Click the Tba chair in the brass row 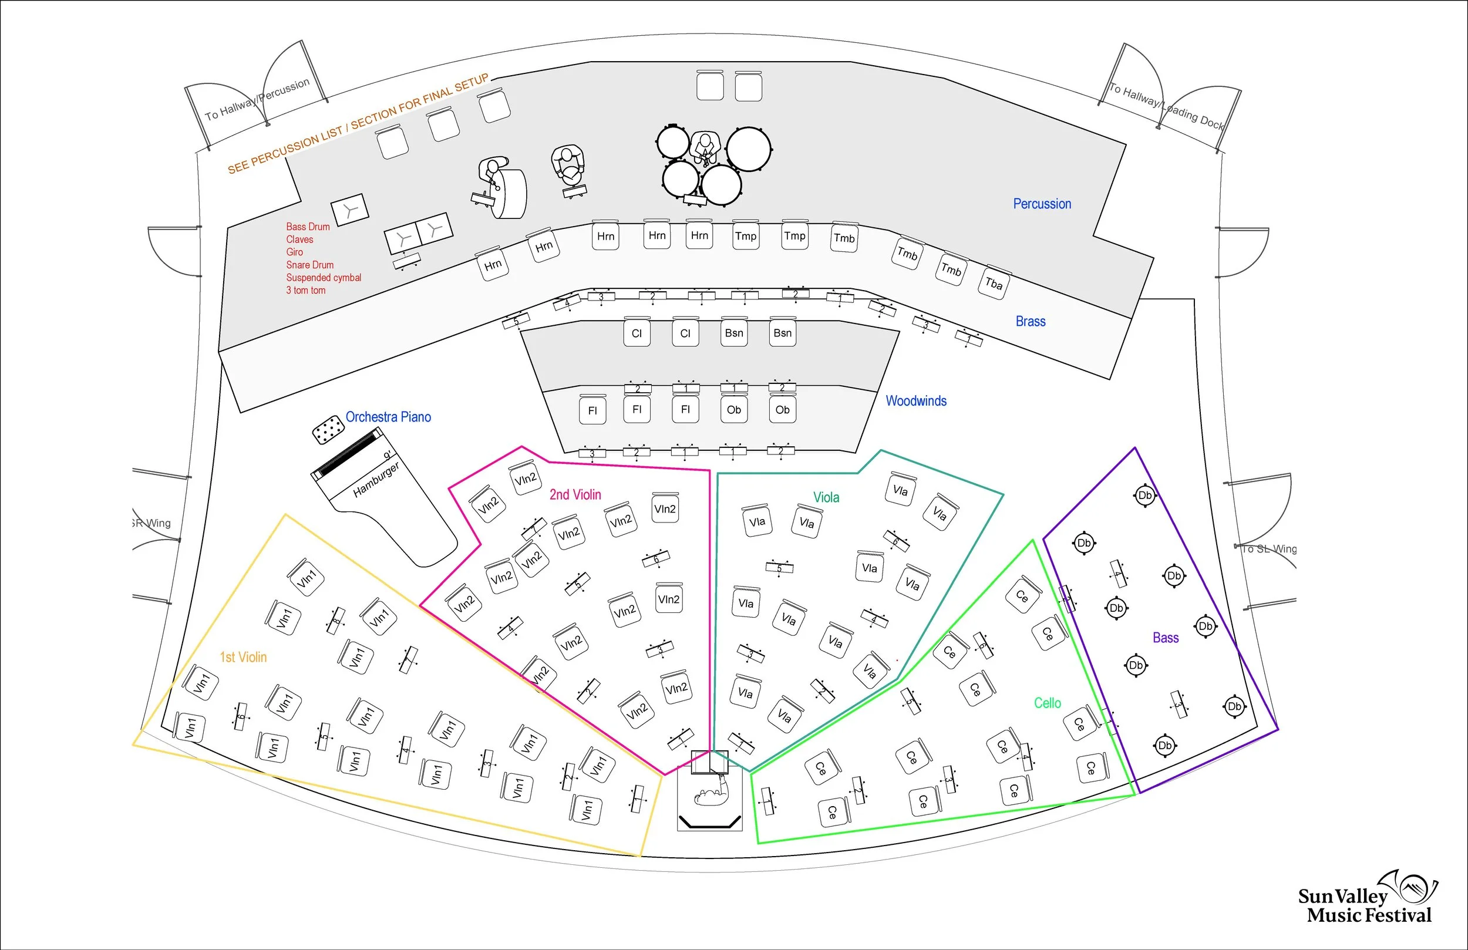(x=994, y=283)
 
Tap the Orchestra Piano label (x=388, y=417)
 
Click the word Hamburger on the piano (x=376, y=479)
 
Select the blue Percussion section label (x=1042, y=204)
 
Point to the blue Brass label (x=1030, y=321)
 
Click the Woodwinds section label (x=916, y=401)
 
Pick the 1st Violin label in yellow (x=243, y=657)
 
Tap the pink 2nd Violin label (x=575, y=494)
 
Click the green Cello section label (x=1048, y=703)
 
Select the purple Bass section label (x=1165, y=637)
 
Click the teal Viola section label (x=826, y=497)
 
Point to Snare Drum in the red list (x=309, y=265)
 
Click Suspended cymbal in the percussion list (x=323, y=278)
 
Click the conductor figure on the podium (x=710, y=796)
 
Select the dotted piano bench (x=328, y=429)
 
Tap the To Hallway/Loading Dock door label (x=1166, y=106)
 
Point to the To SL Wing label (x=1268, y=548)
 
